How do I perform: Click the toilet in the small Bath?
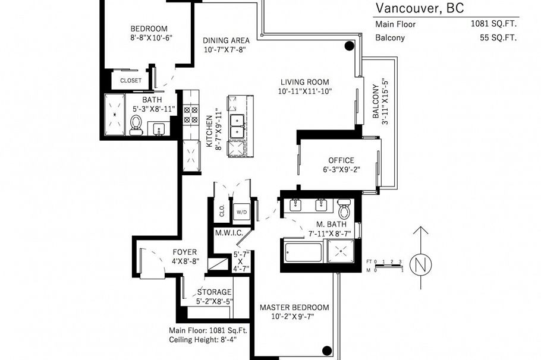(136, 124)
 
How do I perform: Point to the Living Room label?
(304, 82)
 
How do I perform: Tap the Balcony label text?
(376, 101)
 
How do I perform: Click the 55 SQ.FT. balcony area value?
(498, 37)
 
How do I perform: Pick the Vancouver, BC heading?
(419, 8)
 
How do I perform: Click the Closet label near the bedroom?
(131, 80)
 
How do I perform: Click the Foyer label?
(184, 252)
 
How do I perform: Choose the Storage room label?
(214, 292)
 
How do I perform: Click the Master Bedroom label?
(294, 307)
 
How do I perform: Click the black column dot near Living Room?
(350, 46)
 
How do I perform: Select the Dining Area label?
(225, 40)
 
